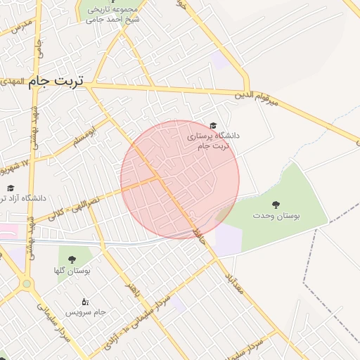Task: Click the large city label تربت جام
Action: click(56, 82)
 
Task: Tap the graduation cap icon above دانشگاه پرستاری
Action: click(214, 124)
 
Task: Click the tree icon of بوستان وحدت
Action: click(275, 205)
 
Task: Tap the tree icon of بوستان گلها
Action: click(70, 257)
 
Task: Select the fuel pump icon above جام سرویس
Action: click(86, 300)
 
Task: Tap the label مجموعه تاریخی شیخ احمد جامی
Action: click(113, 14)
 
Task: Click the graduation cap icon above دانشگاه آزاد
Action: click(11, 188)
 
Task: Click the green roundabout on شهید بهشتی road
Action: click(27, 284)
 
